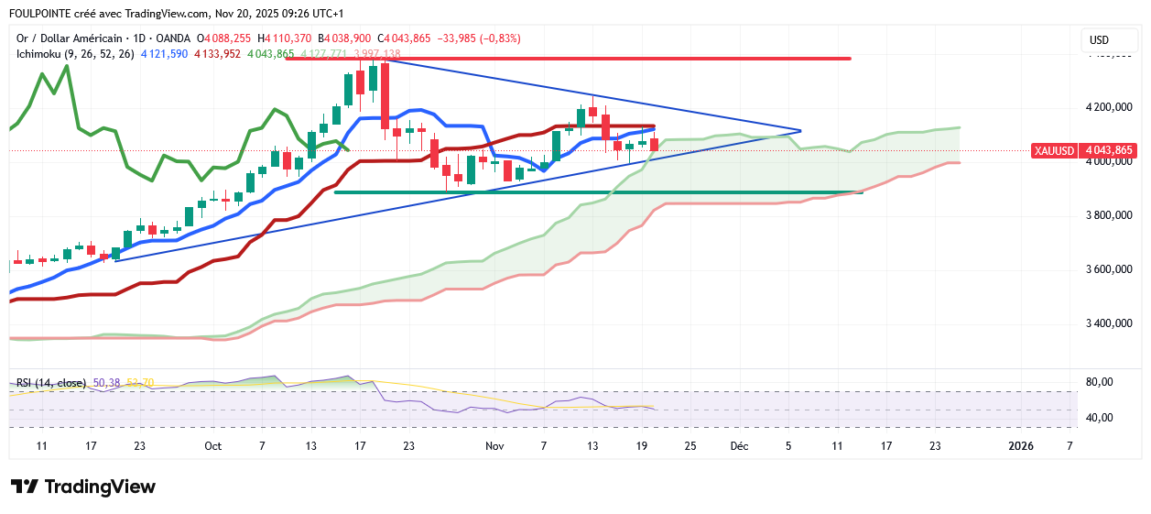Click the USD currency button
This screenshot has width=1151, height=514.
tap(1100, 40)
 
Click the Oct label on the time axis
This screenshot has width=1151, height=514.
tap(213, 446)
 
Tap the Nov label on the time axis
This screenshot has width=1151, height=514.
tap(494, 446)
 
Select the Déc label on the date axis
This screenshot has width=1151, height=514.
tap(739, 446)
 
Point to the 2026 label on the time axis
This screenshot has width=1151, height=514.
tap(1021, 446)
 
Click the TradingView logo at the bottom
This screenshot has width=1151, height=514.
tap(83, 487)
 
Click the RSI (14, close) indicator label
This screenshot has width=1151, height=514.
tap(51, 382)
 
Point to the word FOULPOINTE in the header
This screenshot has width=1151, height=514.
tap(44, 14)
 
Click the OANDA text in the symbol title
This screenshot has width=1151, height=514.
tap(174, 38)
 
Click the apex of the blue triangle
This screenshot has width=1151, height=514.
tap(801, 130)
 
